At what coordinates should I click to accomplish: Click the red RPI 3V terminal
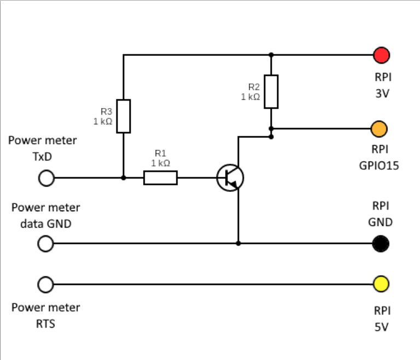pyautogui.click(x=381, y=55)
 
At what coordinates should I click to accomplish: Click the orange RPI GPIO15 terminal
pyautogui.click(x=379, y=129)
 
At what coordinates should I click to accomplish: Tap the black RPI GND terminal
pyautogui.click(x=380, y=243)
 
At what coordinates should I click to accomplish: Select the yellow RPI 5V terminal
pyautogui.click(x=380, y=284)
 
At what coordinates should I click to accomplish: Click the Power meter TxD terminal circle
pyautogui.click(x=46, y=178)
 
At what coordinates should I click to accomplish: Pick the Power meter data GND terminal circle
pyautogui.click(x=46, y=243)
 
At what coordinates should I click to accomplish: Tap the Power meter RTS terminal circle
pyautogui.click(x=46, y=284)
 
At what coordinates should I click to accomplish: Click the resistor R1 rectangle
pyautogui.click(x=160, y=178)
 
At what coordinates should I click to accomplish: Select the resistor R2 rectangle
pyautogui.click(x=271, y=91)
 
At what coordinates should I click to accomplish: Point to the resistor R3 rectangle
pyautogui.click(x=124, y=116)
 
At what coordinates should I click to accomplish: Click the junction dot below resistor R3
pyautogui.click(x=124, y=178)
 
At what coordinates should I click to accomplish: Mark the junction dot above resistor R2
pyautogui.click(x=271, y=55)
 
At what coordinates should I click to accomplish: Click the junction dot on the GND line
pyautogui.click(x=238, y=243)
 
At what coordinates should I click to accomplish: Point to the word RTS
pyautogui.click(x=45, y=323)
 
